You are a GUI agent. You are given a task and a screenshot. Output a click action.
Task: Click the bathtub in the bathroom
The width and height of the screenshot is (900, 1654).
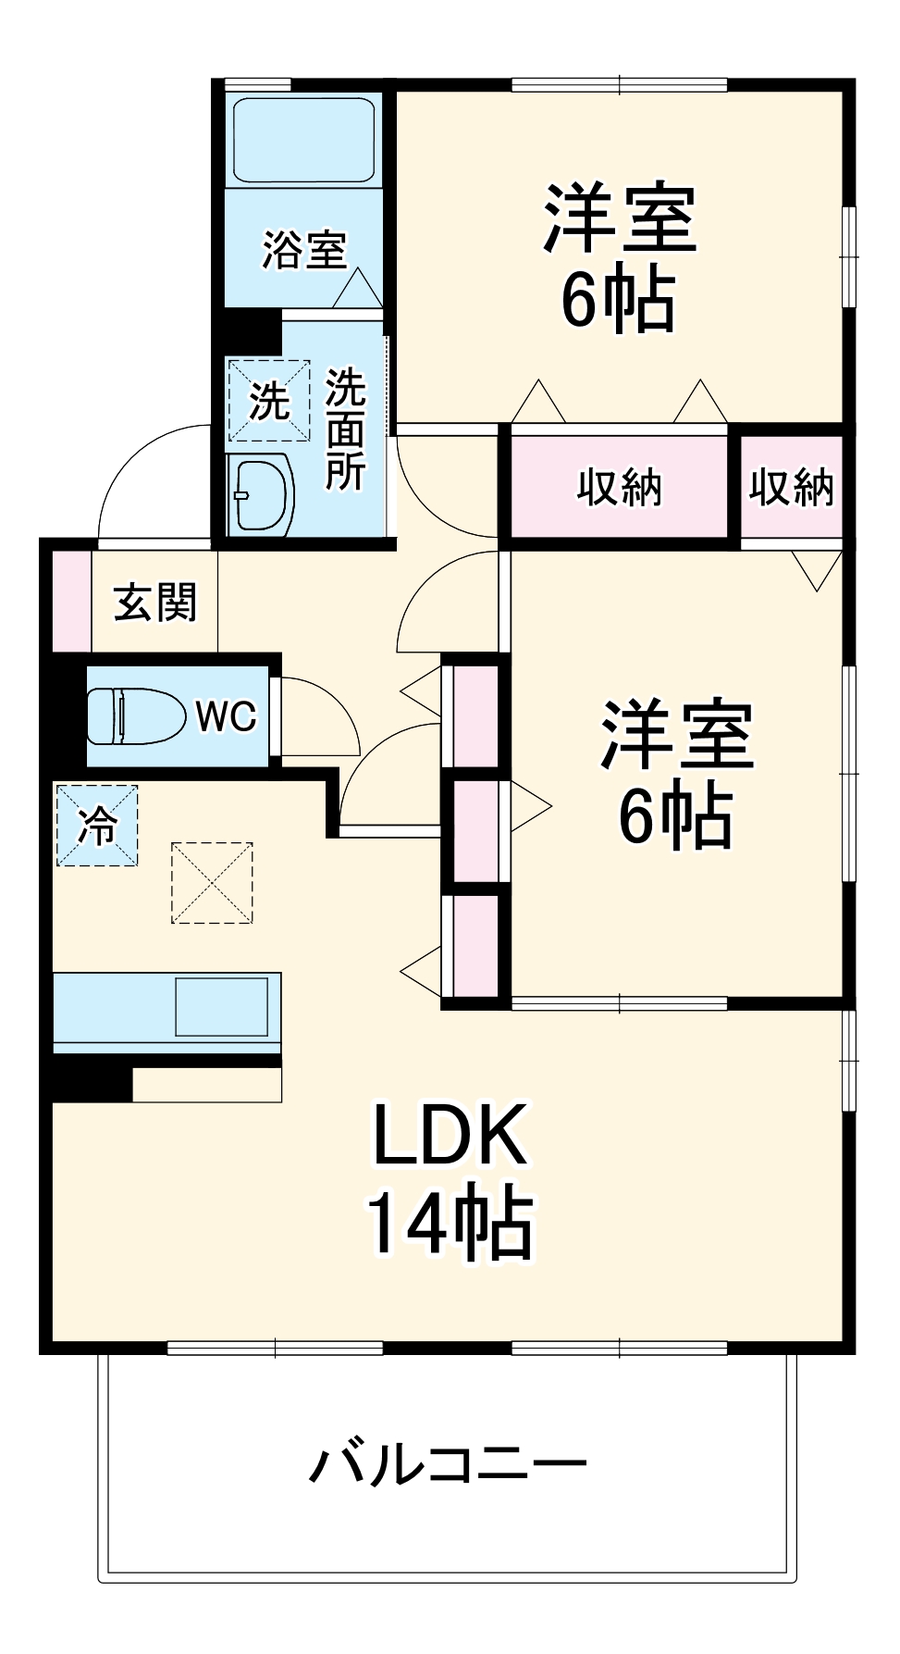[x=303, y=140]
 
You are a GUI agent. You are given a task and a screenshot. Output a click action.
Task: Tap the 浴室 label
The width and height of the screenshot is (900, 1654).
[x=303, y=249]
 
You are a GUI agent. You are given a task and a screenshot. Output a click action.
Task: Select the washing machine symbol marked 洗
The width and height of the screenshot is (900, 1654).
[x=269, y=401]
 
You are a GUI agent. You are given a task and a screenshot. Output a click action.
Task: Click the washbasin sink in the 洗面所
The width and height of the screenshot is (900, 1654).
[x=261, y=495]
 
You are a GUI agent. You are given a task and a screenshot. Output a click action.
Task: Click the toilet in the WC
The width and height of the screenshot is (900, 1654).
[x=135, y=715]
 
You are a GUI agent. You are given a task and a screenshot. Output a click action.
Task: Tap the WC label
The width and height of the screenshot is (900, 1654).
[x=226, y=715]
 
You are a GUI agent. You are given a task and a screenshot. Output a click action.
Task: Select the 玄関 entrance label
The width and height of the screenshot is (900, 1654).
[x=155, y=603]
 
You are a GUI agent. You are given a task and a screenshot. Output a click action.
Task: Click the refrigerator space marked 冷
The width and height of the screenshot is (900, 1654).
[x=97, y=826]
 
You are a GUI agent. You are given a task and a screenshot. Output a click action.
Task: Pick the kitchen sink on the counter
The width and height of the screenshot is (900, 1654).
[x=222, y=1007]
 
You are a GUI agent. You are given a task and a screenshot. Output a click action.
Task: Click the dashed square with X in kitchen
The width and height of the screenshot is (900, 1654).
[x=212, y=882]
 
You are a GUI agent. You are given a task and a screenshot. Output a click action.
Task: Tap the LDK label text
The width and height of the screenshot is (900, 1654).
[x=450, y=1136]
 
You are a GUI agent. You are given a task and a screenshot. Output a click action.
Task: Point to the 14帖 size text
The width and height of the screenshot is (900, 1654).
[x=450, y=1223]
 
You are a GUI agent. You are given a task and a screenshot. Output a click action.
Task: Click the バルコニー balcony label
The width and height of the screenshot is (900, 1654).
[x=448, y=1464]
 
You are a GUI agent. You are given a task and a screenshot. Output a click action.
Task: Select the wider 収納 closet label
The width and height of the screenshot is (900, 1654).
[x=620, y=487]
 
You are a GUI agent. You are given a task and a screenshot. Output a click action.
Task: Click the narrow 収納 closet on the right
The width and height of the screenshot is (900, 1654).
[x=792, y=487]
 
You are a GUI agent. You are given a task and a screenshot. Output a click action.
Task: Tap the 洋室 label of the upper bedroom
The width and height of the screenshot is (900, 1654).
[x=620, y=218]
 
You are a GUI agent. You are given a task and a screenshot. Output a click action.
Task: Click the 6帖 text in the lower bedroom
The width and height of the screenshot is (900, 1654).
[x=675, y=815]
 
